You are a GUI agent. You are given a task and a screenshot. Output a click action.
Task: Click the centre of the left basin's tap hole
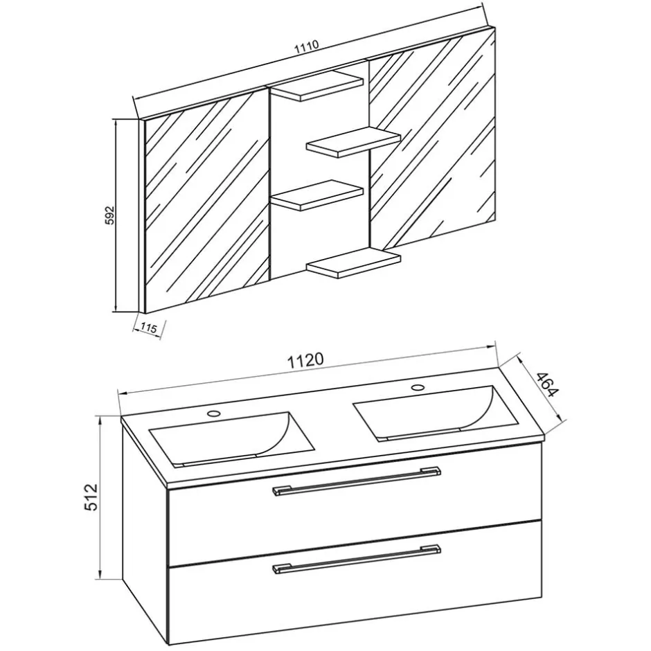tap(214, 413)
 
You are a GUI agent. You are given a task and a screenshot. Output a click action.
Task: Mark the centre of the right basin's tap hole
tap(418, 387)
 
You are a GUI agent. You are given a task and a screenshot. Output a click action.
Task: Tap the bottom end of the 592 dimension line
tap(116, 312)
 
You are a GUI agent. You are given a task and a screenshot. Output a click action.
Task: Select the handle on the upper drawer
tap(357, 481)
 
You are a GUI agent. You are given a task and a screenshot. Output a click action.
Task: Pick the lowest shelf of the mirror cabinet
tap(353, 263)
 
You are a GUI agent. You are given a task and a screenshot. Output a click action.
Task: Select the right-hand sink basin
tap(436, 413)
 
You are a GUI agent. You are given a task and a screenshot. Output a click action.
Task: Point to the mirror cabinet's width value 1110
tap(306, 46)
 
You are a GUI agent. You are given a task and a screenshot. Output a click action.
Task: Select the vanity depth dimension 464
tap(547, 385)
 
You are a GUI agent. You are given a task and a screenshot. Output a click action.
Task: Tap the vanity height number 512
tap(90, 497)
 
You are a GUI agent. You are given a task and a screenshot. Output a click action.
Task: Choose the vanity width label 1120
tap(306, 360)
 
